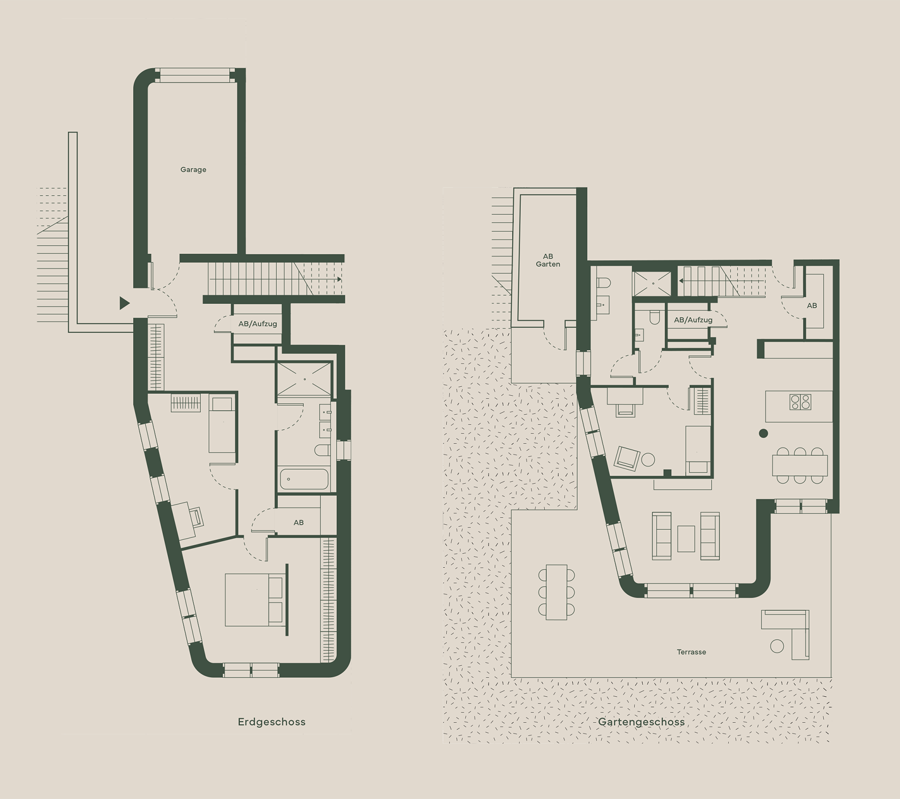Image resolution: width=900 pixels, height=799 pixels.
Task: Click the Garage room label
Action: point(193,169)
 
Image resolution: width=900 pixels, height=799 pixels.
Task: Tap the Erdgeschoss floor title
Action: point(271,722)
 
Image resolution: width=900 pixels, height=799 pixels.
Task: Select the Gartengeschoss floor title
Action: point(641,722)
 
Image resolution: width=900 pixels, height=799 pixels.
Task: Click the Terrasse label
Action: point(691,652)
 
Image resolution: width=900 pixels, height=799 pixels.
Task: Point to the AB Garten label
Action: point(548,260)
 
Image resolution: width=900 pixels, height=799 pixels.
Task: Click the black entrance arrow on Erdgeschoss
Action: point(124,303)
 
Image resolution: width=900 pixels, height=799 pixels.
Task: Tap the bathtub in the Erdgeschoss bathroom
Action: point(304,479)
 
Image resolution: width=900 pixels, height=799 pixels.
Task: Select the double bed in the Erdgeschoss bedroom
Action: point(254,600)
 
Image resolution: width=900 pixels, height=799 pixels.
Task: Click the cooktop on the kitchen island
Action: point(800,402)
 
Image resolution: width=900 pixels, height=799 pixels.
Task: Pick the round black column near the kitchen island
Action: point(763,433)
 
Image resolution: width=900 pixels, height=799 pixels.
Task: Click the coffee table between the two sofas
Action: point(686,538)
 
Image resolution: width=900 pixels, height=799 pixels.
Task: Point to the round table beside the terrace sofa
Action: point(777,646)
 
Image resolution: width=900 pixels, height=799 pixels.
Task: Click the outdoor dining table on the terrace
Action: point(556,592)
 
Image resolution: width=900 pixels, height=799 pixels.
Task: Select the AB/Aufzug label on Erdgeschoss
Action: point(257,323)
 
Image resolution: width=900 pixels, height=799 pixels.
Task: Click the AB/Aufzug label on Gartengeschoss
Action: point(693,320)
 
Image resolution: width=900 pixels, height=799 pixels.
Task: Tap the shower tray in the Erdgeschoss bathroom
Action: point(304,378)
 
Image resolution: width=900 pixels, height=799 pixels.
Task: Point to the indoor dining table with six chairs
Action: point(800,465)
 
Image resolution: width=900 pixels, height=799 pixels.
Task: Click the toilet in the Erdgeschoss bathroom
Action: point(322,450)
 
